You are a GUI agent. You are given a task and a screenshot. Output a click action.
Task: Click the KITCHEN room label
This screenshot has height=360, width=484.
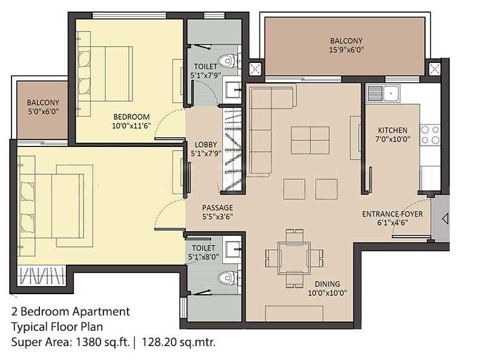click(393, 130)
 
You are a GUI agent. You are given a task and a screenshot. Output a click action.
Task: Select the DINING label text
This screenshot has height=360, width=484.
click(327, 284)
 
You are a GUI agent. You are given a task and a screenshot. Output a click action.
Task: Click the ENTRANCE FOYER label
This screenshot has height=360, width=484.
click(392, 214)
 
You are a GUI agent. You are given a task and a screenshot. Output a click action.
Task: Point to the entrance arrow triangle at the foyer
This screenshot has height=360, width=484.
click(445, 217)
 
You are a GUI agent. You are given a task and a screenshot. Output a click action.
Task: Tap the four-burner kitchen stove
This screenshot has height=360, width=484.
click(430, 135)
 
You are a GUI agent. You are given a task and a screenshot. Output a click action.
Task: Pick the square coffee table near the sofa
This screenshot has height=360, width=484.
click(310, 140)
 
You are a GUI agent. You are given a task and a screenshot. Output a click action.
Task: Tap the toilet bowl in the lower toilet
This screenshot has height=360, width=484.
click(226, 278)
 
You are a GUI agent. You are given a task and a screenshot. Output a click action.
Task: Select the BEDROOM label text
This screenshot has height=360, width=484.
click(131, 117)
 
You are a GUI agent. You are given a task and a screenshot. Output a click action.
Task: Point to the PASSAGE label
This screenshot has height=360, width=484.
click(217, 208)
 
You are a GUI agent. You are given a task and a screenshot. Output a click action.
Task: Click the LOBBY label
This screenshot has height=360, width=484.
click(206, 145)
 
